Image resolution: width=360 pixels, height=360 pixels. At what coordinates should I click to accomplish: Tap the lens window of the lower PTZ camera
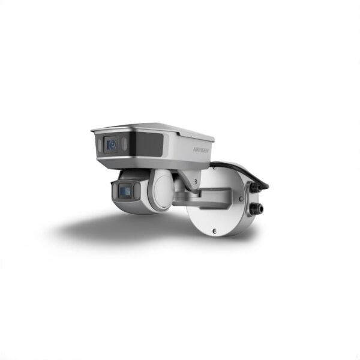point(125,190)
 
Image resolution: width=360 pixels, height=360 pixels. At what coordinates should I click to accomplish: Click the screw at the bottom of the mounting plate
point(214,231)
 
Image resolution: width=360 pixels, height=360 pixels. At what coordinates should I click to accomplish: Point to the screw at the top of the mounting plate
point(214,168)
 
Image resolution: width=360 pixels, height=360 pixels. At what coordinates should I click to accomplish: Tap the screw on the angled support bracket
point(196,181)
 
